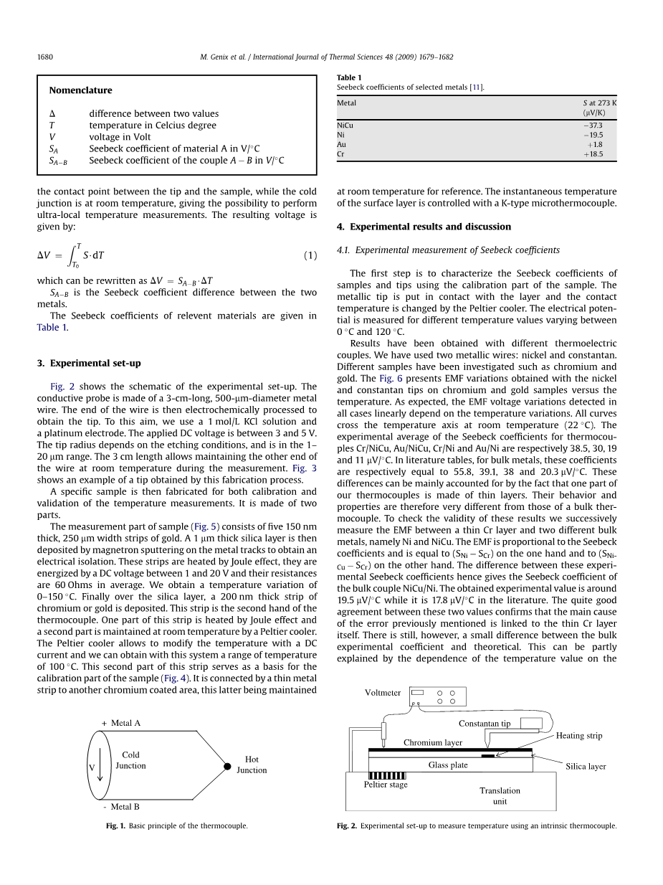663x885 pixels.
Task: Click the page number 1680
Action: click(45, 57)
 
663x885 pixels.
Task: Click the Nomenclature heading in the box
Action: click(80, 90)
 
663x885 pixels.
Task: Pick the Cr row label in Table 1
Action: click(341, 154)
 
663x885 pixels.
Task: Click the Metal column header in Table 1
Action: click(346, 103)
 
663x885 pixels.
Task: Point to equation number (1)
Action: click(310, 255)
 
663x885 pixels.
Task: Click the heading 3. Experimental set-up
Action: click(89, 363)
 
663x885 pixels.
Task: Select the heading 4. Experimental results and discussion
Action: click(424, 227)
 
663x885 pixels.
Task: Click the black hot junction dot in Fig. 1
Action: click(227, 766)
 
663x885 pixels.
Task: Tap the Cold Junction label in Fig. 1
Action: click(130, 760)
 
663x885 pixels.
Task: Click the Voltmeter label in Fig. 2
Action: click(383, 693)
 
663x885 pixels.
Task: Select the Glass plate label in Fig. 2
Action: click(448, 765)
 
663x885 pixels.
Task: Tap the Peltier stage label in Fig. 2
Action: click(386, 785)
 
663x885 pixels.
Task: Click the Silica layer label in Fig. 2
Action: click(586, 767)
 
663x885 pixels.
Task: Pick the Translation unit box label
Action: click(500, 796)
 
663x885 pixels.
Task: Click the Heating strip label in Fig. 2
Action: click(579, 736)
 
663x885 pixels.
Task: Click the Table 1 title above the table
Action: click(349, 77)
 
